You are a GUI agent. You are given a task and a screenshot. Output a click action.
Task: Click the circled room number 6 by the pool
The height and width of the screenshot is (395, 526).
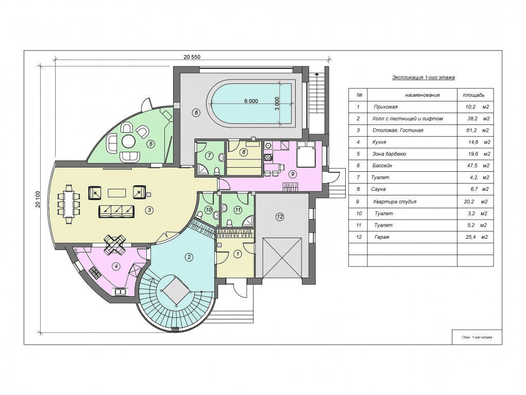pyautogui.click(x=196, y=113)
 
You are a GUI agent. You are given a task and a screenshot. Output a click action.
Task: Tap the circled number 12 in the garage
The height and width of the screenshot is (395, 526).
pyautogui.click(x=280, y=217)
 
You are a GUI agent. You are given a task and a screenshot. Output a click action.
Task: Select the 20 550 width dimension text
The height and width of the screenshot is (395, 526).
pyautogui.click(x=192, y=57)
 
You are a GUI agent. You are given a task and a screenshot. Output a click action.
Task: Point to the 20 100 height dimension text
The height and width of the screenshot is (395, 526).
pyautogui.click(x=38, y=199)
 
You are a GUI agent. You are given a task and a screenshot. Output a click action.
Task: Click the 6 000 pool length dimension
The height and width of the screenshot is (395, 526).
pyautogui.click(x=251, y=101)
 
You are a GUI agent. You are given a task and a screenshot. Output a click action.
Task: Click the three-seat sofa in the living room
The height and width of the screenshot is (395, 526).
pyautogui.click(x=116, y=211)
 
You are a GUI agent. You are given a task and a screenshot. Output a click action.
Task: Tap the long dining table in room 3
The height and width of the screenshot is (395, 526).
pyautogui.click(x=69, y=204)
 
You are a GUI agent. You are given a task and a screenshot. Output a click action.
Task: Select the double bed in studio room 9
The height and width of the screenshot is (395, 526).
pyautogui.click(x=306, y=154)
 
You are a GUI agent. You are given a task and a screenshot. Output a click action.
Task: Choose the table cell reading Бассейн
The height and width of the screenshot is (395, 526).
pyautogui.click(x=382, y=166)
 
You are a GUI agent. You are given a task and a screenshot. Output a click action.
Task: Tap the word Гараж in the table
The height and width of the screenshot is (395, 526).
pyautogui.click(x=382, y=237)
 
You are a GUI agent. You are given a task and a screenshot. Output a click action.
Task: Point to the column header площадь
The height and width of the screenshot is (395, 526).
pyautogui.click(x=473, y=95)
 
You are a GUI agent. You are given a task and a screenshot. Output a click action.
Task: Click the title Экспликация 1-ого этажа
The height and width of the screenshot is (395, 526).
pyautogui.click(x=423, y=78)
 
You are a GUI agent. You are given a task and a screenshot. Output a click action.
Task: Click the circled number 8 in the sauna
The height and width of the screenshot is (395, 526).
pyautogui.click(x=244, y=152)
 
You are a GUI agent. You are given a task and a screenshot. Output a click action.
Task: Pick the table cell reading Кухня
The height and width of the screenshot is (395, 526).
pyautogui.click(x=379, y=142)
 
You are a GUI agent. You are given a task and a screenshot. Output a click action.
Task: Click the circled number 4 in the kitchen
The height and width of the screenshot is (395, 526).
pyautogui.click(x=116, y=267)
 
